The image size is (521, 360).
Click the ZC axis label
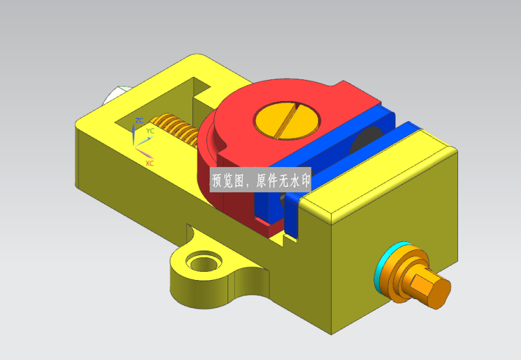[x=140, y=121]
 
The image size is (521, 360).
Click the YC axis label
[x=150, y=131]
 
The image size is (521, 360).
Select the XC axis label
[x=149, y=163]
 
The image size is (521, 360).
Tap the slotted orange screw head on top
[x=287, y=120]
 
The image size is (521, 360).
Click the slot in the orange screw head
[x=287, y=120]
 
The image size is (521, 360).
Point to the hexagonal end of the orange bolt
[x=430, y=288]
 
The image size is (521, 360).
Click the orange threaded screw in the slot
[x=175, y=130]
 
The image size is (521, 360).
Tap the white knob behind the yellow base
[x=115, y=95]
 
